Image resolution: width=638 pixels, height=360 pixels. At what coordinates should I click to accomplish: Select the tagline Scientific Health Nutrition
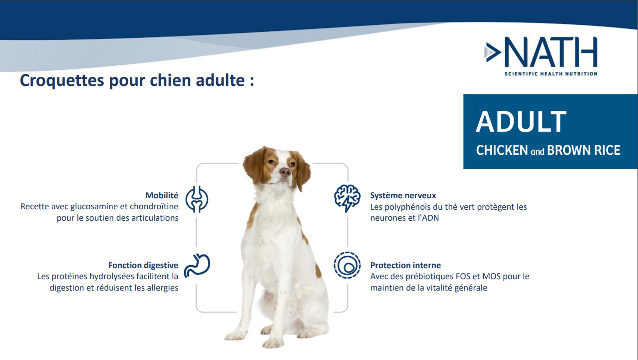(551, 74)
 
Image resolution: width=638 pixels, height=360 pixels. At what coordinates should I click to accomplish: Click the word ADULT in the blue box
(521, 122)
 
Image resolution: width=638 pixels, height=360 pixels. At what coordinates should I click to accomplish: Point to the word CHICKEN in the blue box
(502, 150)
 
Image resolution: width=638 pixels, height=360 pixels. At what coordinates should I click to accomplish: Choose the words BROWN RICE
(584, 150)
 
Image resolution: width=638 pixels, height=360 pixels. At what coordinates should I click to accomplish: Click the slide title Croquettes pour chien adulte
(137, 80)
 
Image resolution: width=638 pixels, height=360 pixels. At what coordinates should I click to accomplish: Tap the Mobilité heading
(162, 195)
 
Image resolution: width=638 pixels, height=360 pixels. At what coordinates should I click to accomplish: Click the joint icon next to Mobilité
(197, 199)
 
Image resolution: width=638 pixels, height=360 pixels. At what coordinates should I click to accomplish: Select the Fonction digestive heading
(143, 265)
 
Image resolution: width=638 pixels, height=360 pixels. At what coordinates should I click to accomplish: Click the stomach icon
(197, 265)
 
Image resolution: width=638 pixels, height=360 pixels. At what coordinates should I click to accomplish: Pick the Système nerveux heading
(403, 195)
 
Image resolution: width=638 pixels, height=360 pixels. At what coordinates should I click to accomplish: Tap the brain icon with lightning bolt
(347, 198)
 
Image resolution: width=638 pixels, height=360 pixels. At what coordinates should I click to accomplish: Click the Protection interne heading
(405, 265)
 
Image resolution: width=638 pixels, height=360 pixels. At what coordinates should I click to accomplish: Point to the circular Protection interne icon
(347, 265)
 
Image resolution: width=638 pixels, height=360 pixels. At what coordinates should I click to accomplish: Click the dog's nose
(285, 172)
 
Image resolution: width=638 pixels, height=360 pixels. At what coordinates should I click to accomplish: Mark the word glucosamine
(93, 206)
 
